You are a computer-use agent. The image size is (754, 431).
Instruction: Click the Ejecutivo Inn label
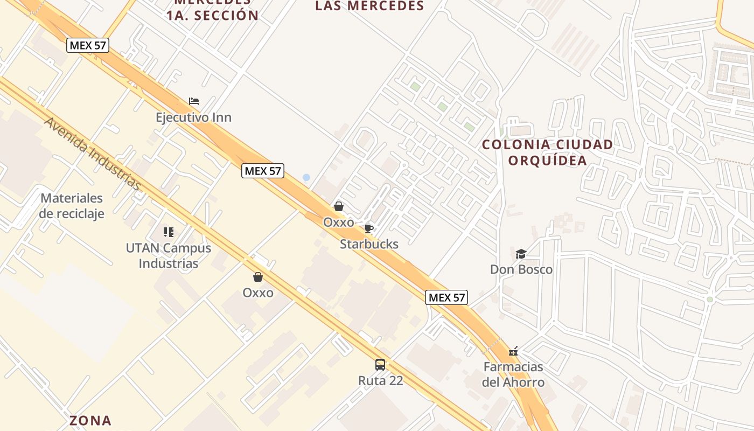193,117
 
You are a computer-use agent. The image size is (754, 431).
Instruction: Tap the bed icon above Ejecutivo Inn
194,101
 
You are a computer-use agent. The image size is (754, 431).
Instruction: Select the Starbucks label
369,244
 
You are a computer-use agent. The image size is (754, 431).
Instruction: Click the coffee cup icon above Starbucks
368,228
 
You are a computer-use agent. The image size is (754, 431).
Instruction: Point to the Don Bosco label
521,269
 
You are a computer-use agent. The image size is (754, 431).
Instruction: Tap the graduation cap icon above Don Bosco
521,254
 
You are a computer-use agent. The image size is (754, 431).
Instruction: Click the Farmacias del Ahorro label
513,374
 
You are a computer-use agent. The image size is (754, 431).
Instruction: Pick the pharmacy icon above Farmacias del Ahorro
513,352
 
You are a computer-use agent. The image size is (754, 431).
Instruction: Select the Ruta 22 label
380,380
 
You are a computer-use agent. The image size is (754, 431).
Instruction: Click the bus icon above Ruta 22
380,365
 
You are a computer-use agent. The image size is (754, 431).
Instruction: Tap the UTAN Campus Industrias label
169,256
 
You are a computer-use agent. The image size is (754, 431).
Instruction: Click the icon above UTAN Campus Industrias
169,232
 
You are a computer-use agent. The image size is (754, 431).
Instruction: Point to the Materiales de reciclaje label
72,206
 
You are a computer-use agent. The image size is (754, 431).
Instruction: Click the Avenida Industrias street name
92,154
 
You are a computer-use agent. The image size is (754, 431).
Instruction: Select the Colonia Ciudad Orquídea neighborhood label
547,152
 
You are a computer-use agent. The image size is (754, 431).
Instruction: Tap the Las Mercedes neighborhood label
369,6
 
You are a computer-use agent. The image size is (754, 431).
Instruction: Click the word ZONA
90,420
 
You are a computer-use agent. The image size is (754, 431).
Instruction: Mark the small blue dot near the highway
306,177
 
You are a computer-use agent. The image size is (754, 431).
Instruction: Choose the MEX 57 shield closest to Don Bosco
446,297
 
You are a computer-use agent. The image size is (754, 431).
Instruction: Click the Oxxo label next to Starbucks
338,222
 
